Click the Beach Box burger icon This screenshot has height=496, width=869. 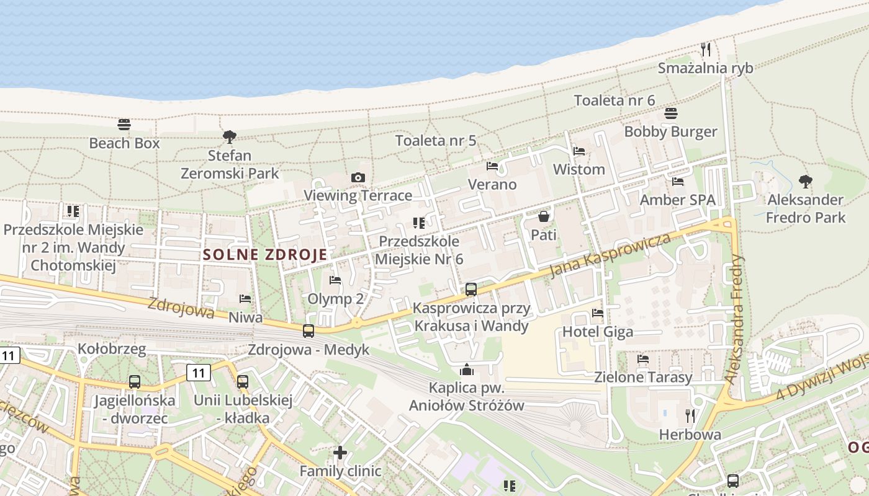(x=124, y=125)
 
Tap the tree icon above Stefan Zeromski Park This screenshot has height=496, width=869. (x=230, y=136)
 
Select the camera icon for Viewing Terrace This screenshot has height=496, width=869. (x=358, y=178)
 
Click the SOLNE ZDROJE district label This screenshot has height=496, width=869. (x=265, y=254)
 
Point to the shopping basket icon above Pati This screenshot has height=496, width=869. (x=544, y=216)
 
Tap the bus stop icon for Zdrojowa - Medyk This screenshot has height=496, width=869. (x=308, y=331)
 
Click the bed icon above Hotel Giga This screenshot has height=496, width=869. (x=598, y=313)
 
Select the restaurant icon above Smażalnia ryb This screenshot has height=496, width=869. (x=706, y=49)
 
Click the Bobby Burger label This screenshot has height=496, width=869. (x=670, y=131)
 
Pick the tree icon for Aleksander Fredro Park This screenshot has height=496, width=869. (x=806, y=182)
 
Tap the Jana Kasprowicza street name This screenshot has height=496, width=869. (x=611, y=255)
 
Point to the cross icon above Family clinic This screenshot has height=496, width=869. (x=340, y=453)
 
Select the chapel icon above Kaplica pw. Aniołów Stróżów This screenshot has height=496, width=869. (x=467, y=370)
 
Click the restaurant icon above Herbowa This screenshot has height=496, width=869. (x=690, y=415)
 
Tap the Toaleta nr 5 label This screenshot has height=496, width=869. (x=436, y=140)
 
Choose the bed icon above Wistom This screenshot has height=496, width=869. (x=579, y=151)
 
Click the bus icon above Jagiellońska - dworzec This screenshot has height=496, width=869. (x=135, y=382)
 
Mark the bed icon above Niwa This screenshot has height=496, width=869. (x=245, y=299)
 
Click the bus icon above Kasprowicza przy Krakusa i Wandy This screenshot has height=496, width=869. (x=471, y=289)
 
